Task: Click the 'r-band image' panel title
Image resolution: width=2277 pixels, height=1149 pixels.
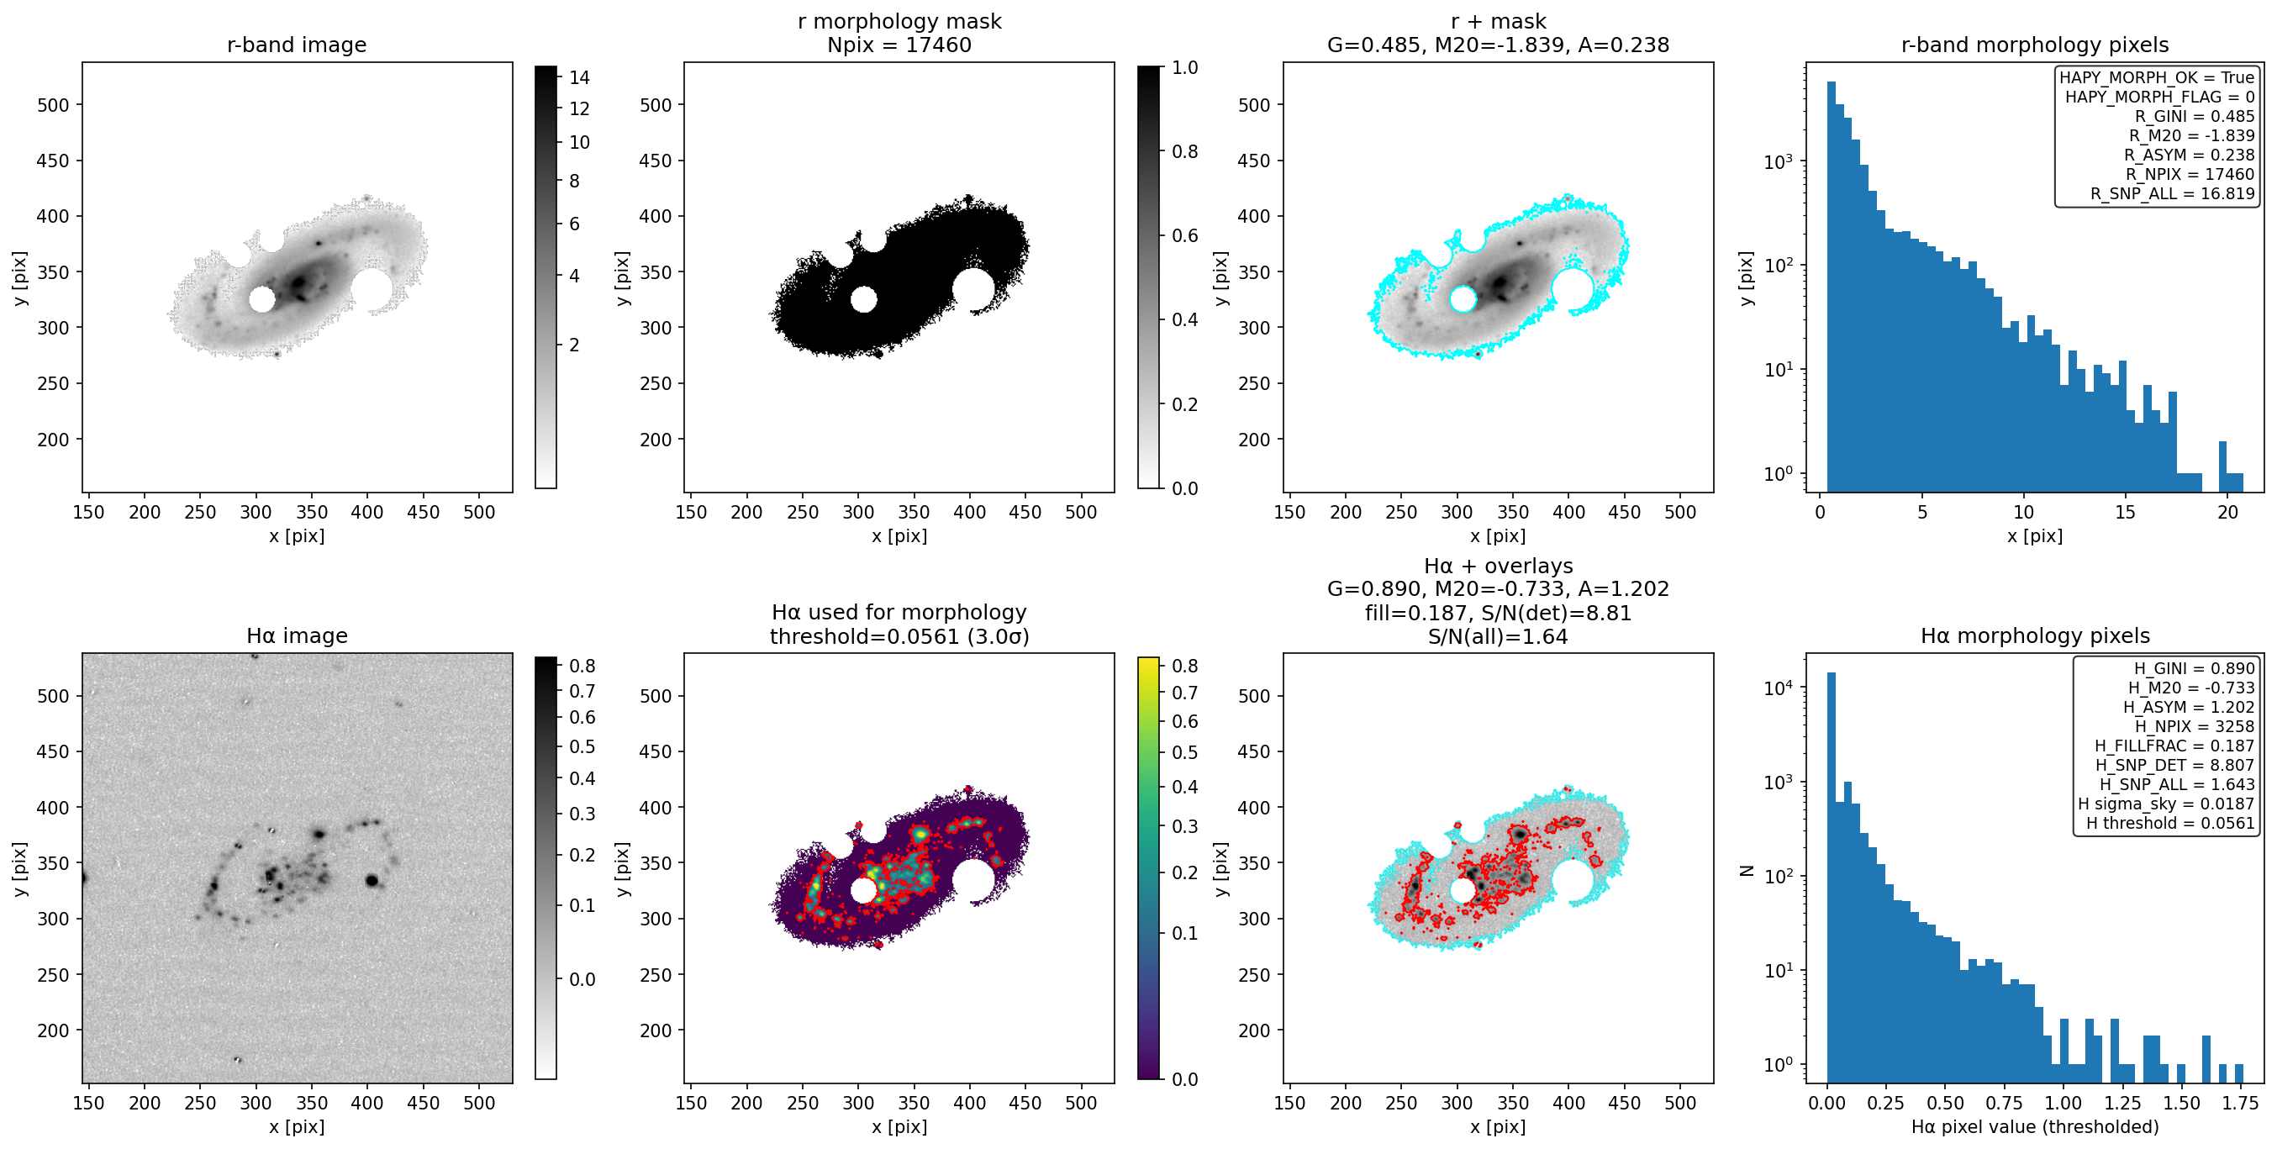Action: pos(296,45)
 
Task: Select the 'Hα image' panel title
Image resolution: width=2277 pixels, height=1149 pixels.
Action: pos(296,635)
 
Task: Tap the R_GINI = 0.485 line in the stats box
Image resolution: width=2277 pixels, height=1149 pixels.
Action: pos(2194,116)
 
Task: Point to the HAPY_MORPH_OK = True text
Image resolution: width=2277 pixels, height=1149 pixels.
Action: pos(2157,78)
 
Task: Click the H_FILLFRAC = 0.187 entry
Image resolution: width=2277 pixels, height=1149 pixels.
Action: pos(2174,746)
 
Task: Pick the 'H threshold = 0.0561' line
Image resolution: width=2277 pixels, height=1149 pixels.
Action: pos(2170,823)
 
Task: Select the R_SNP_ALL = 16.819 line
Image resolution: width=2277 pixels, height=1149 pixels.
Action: pos(2172,193)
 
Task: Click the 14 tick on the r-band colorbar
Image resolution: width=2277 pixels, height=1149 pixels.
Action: pos(579,78)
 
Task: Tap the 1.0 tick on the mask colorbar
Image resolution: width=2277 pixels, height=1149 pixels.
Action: pos(1184,68)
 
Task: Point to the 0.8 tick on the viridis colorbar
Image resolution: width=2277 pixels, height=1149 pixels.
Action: pos(1184,666)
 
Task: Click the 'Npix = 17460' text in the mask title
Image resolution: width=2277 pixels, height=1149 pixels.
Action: pos(899,45)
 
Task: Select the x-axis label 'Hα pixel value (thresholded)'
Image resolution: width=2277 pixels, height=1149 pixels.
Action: pos(2035,1127)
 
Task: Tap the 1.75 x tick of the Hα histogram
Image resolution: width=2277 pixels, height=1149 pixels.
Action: pos(2239,1103)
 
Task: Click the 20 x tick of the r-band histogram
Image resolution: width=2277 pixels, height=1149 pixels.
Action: pos(2227,512)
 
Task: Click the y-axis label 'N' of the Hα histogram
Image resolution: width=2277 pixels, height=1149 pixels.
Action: pos(1746,871)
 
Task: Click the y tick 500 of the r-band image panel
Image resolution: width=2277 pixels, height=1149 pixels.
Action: pos(53,105)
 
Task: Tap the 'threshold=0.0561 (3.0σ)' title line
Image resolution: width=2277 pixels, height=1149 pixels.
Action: pos(899,636)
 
